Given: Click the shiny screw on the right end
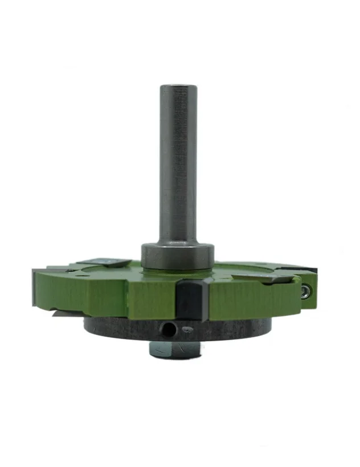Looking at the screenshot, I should pyautogui.click(x=306, y=291).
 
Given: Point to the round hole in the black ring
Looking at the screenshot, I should pyautogui.click(x=167, y=329).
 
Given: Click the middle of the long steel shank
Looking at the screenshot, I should pyautogui.click(x=178, y=165).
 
